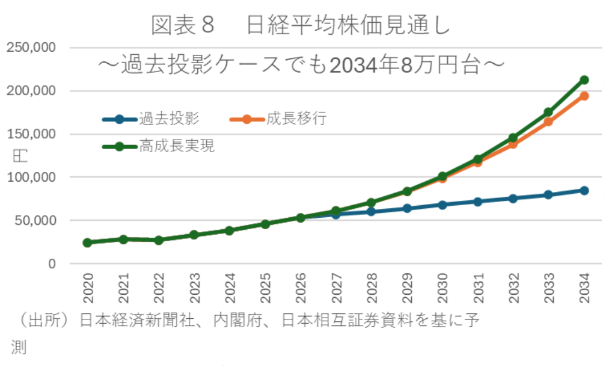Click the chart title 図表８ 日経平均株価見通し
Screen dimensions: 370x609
301,25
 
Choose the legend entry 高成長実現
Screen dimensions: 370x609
177,146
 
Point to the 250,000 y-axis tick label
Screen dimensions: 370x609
30,48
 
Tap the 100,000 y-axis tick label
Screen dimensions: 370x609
30,177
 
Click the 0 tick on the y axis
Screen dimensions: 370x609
52,264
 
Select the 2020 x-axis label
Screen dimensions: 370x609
88,289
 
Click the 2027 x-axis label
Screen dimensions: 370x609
335,289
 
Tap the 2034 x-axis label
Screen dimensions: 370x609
584,289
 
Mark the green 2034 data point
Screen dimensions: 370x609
584,80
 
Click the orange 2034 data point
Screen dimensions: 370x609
584,96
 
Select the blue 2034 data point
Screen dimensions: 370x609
584,191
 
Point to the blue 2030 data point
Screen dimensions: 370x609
442,205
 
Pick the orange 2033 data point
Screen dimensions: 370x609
548,122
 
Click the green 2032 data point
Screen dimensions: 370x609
513,138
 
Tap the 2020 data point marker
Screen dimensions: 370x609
88,242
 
